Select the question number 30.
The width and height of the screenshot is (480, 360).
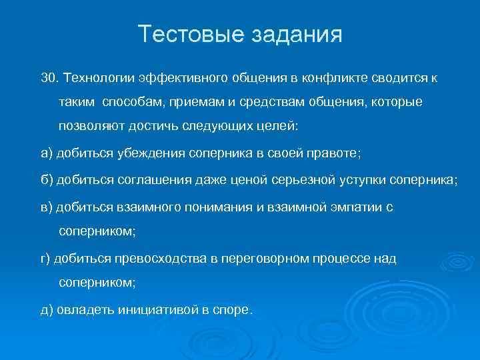point(48,79)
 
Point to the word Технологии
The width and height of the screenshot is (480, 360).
point(97,79)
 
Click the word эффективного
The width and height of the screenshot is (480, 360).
point(182,79)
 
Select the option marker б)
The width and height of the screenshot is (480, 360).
point(46,180)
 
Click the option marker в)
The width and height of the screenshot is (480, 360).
point(46,207)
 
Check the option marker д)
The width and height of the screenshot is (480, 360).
point(47,309)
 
